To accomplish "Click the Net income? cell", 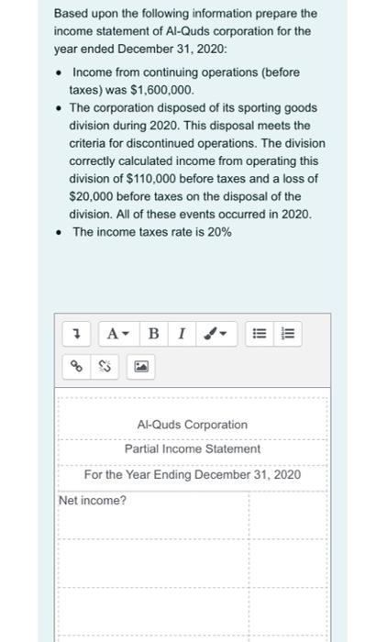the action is coord(93,501).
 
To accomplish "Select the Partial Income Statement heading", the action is coord(193,449).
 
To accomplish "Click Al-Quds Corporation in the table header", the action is coord(192,425).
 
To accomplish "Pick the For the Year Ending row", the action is coord(192,475).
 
